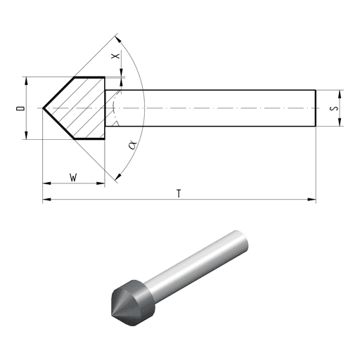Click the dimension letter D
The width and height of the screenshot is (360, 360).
pos(20,108)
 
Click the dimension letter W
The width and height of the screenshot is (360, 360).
pos(73,177)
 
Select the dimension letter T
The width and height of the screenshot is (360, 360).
pos(179,194)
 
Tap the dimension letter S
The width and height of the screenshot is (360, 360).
pos(334,108)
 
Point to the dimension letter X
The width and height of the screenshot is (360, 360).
pos(115,56)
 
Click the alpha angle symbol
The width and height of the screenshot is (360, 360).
pos(133,145)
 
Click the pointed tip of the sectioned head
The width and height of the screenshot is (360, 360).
pos(43,108)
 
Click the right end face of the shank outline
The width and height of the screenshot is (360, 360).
pos(316,108)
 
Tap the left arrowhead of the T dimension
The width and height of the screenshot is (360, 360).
pos(46,200)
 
